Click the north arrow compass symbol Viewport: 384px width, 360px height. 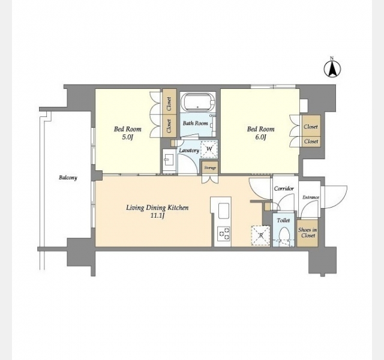coord(332,68)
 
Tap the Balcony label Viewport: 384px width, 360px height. coord(68,178)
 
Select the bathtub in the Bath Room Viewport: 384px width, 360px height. coord(198,102)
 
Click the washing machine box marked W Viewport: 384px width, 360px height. coord(209,149)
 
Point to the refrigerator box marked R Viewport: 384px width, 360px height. coord(260,235)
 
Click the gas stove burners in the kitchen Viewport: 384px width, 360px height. coord(224,233)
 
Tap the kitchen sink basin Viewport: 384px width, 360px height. coord(224,211)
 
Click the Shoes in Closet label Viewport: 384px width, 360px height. coord(308,233)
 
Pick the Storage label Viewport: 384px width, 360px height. coord(210,168)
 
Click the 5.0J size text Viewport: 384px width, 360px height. coord(127,137)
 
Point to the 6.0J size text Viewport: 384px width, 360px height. coord(260,137)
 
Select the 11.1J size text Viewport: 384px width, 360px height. coord(157,216)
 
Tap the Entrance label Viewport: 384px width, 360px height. coord(311,197)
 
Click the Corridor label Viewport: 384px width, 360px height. coord(284,188)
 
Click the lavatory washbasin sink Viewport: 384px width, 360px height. coord(169,160)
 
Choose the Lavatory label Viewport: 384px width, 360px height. coord(189,151)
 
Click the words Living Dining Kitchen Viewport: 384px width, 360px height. coord(157,208)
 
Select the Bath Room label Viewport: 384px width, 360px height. coord(195,123)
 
